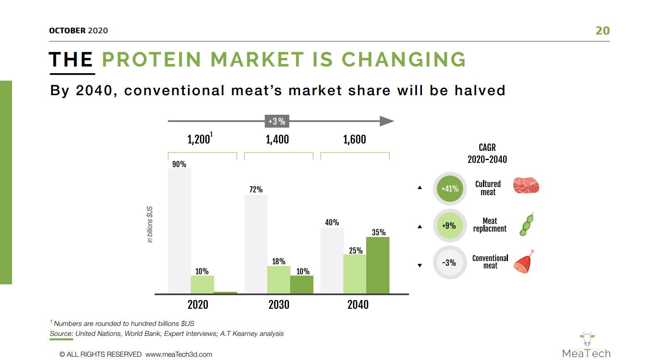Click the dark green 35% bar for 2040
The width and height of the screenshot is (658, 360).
click(378, 265)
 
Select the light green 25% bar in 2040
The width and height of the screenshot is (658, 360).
click(355, 274)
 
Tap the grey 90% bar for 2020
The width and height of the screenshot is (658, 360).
click(180, 231)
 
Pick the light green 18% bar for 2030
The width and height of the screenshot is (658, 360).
click(279, 280)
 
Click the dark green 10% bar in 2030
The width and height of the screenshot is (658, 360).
click(302, 284)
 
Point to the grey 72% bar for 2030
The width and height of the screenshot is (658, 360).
click(256, 244)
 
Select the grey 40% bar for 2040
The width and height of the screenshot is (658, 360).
click(332, 261)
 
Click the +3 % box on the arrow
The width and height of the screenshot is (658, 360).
click(277, 121)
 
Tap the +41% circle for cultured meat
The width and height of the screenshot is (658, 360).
click(450, 189)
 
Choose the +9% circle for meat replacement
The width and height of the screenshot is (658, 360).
click(450, 226)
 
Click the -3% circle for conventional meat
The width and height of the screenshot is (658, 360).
click(450, 262)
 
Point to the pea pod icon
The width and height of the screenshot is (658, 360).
click(526, 224)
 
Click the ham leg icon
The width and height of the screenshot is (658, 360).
click(524, 262)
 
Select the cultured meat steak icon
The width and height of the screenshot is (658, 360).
click(526, 185)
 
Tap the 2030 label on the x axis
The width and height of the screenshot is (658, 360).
click(279, 304)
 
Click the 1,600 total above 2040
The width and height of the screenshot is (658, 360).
click(355, 139)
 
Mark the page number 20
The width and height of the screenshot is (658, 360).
click(602, 31)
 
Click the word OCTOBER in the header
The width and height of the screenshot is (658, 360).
click(67, 31)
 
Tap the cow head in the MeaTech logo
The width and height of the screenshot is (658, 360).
click(587, 339)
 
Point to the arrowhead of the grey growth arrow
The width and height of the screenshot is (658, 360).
click(387, 121)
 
